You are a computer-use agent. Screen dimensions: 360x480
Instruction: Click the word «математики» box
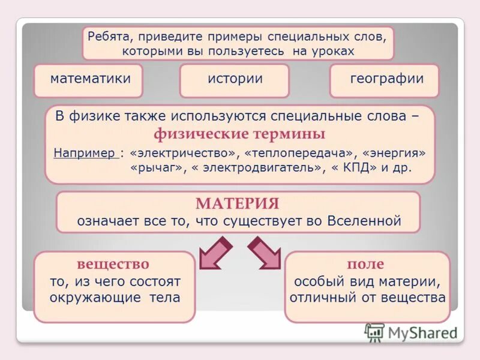point(90,79)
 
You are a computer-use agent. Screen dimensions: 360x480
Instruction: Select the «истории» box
point(235,79)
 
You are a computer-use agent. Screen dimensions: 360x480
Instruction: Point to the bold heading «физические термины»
point(239,133)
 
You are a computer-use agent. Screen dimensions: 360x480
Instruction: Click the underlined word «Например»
point(85,152)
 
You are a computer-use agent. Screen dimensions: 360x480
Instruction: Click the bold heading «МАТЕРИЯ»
point(238,203)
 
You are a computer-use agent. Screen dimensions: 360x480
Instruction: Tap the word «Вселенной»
point(364,220)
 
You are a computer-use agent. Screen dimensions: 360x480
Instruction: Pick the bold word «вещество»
point(113,264)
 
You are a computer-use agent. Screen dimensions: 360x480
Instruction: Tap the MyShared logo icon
point(374,332)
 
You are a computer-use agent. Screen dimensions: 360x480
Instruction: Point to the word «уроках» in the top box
point(332,51)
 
